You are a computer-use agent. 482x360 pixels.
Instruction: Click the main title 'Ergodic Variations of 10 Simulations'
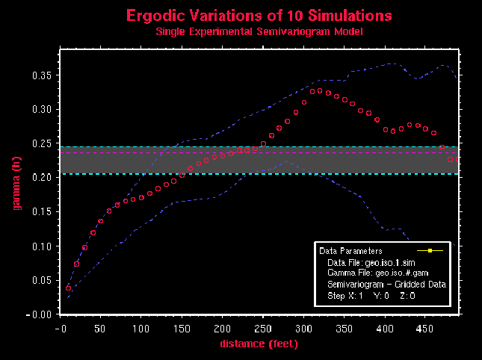pyautogui.click(x=259, y=15)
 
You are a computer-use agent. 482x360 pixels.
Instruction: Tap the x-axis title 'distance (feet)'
pyautogui.click(x=258, y=344)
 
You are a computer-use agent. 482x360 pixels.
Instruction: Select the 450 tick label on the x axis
pyautogui.click(x=423, y=329)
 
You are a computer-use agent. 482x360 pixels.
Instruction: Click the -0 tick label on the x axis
pyautogui.click(x=60, y=329)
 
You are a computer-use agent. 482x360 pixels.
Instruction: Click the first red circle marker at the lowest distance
pyautogui.click(x=69, y=288)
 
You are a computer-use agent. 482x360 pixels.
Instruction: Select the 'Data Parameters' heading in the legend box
pyautogui.click(x=350, y=252)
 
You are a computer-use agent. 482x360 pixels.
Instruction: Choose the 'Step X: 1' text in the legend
pyautogui.click(x=344, y=296)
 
